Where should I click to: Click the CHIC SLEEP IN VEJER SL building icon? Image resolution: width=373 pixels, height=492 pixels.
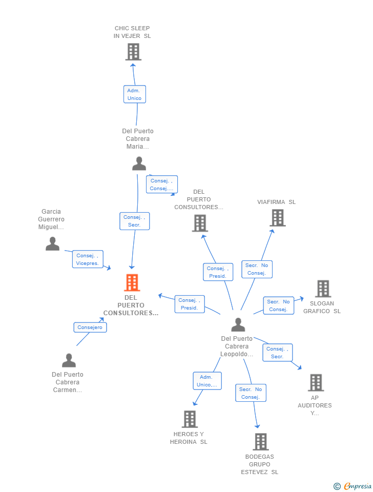(133, 52)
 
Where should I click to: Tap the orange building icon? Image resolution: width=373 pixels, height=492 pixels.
(132, 282)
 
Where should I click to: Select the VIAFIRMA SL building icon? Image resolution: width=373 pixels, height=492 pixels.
(277, 218)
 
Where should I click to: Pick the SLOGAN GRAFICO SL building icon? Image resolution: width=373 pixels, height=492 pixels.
(323, 289)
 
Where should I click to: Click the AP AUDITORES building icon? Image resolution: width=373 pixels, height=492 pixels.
(316, 382)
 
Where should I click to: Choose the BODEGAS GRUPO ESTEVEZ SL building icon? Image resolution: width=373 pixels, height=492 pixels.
(260, 441)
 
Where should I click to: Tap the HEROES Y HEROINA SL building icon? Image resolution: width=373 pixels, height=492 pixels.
(190, 419)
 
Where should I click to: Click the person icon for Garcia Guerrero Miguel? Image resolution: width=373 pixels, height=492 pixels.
(52, 244)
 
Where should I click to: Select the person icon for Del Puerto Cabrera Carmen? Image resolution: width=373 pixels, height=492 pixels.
(69, 360)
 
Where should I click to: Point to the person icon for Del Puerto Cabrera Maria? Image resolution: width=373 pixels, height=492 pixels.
(139, 163)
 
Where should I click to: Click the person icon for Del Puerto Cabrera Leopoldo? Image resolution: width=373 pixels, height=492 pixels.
(238, 324)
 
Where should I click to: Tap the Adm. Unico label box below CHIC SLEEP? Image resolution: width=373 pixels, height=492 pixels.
(135, 94)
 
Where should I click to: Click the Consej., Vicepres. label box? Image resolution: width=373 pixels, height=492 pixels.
(88, 259)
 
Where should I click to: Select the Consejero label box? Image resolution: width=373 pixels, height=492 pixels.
(90, 327)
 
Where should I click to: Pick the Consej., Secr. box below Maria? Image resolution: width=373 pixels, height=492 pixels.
(134, 221)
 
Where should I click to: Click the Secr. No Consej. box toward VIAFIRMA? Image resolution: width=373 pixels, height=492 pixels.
(257, 269)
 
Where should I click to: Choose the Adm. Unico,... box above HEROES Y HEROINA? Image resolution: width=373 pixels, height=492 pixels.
(208, 381)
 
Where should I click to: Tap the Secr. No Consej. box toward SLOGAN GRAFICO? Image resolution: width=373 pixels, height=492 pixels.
(278, 305)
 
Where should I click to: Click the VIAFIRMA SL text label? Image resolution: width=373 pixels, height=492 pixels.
(277, 202)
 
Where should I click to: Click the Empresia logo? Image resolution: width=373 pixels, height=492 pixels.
(353, 486)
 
